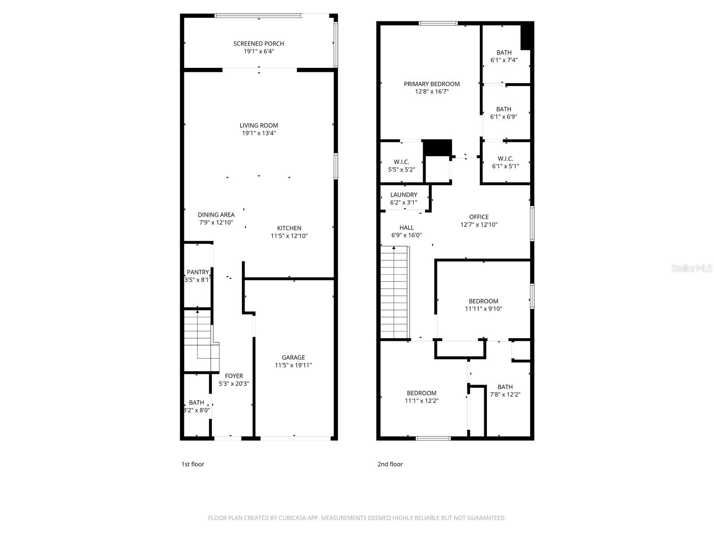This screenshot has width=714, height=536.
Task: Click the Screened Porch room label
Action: (258, 43)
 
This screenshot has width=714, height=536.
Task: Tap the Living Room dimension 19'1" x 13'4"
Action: (258, 133)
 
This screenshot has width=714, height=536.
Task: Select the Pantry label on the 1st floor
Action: (198, 272)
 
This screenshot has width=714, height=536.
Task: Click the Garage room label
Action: (293, 357)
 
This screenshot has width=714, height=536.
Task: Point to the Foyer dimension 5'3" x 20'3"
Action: (234, 384)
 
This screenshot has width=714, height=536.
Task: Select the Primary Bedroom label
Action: (432, 84)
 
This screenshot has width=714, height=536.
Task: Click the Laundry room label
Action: (403, 195)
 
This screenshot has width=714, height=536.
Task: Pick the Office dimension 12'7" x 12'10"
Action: (479, 225)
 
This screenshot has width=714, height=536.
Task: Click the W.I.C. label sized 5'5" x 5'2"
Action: (401, 162)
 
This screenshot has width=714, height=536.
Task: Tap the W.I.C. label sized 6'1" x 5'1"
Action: (505, 159)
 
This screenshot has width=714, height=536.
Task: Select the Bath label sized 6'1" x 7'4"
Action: (504, 53)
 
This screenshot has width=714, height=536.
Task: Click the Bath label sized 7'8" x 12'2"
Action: (505, 387)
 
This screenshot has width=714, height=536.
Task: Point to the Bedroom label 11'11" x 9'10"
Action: (483, 301)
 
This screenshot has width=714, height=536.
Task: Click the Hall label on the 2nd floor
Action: (406, 227)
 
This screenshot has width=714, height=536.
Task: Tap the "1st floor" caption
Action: (192, 464)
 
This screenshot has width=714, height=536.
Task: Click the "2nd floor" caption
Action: (390, 464)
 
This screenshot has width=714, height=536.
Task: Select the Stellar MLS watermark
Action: (692, 268)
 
